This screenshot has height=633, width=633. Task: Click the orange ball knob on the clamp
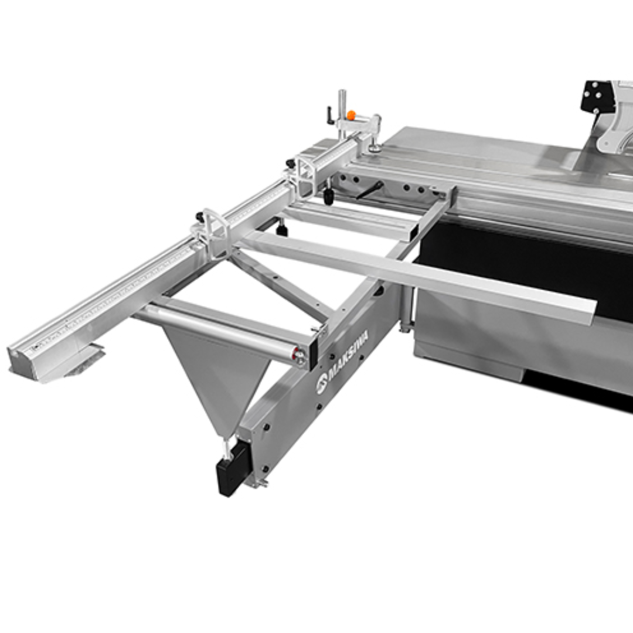point(351,115)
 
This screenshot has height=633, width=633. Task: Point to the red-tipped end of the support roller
point(300,355)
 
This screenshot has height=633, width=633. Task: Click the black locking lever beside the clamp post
point(331,115)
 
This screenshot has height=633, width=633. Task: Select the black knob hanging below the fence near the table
point(329,197)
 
